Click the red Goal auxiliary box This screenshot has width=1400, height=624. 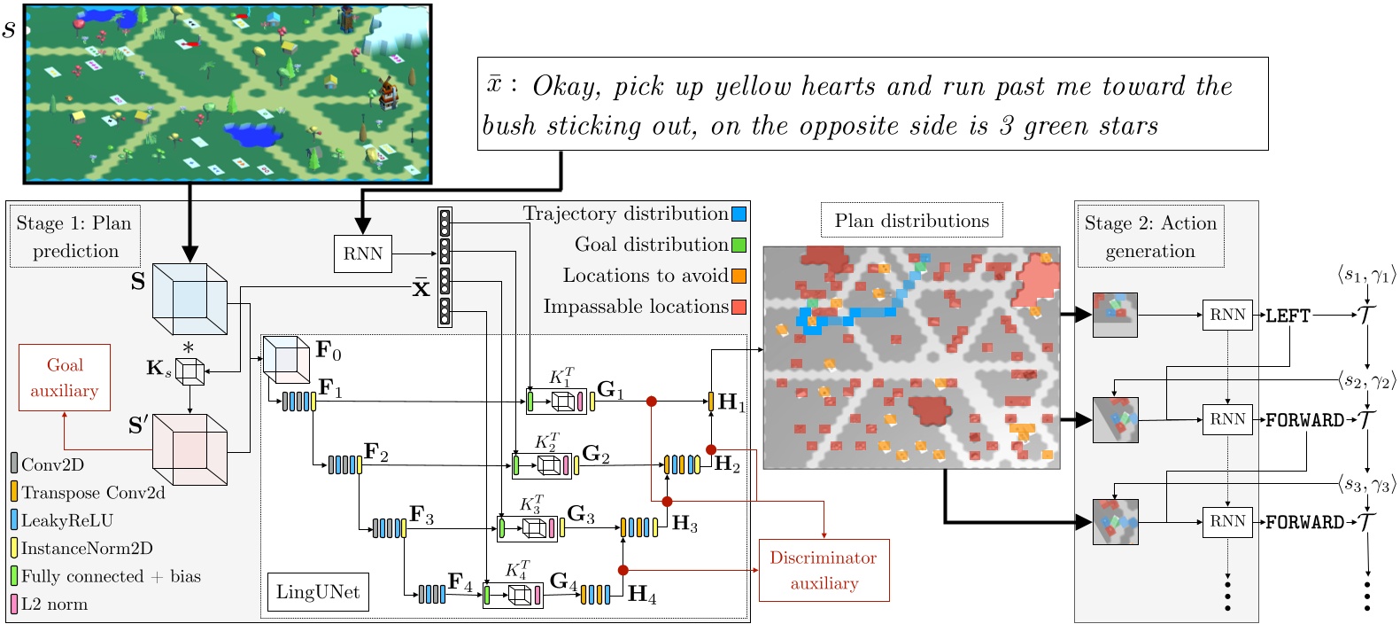pyautogui.click(x=65, y=378)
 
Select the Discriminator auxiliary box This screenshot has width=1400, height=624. pyautogui.click(x=824, y=570)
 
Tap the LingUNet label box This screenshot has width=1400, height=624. pyautogui.click(x=318, y=592)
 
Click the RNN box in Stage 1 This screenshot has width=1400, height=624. pyautogui.click(x=363, y=253)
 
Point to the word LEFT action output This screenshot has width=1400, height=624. pyautogui.click(x=1288, y=316)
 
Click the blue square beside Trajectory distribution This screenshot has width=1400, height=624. pyautogui.click(x=739, y=214)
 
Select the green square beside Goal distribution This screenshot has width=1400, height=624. pyautogui.click(x=739, y=245)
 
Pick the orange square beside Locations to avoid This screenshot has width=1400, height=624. pyautogui.click(x=739, y=276)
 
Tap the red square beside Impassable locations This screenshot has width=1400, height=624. pyautogui.click(x=739, y=307)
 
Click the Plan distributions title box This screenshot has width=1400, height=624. pyautogui.click(x=911, y=221)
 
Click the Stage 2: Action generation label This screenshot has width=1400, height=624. pyautogui.click(x=1150, y=236)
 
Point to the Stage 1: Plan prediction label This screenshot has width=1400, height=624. pyautogui.click(x=75, y=236)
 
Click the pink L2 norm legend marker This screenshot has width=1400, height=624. pyautogui.click(x=14, y=604)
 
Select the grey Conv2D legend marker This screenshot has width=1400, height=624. pyautogui.click(x=14, y=464)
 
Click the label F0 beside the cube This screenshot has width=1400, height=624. pyautogui.click(x=328, y=350)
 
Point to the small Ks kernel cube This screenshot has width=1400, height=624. pyautogui.click(x=190, y=370)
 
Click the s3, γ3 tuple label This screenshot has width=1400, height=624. pyautogui.click(x=1366, y=484)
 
